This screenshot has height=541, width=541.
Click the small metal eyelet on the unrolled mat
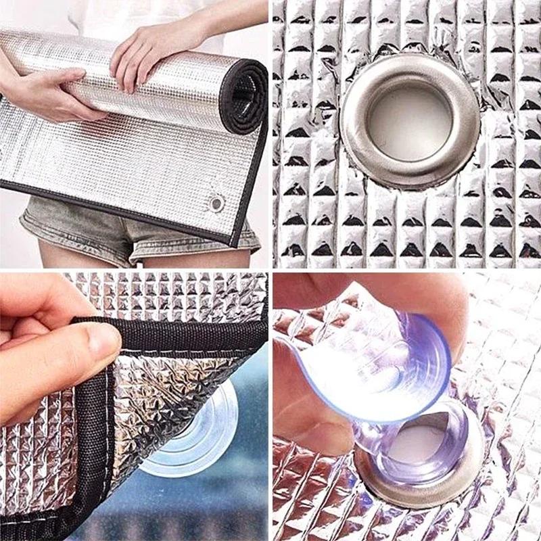(216, 203)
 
